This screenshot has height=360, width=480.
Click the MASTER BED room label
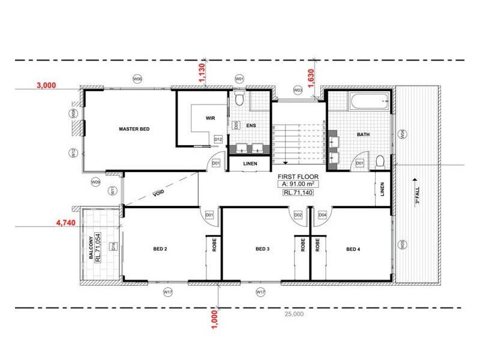[x=134, y=129]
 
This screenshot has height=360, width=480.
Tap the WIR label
[x=209, y=118]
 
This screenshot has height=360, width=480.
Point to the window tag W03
[x=298, y=90]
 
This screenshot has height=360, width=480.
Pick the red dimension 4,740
[x=65, y=222]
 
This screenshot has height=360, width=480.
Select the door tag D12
[x=218, y=139]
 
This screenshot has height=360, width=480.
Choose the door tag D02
[x=298, y=214]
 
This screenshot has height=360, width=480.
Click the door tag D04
[x=322, y=214]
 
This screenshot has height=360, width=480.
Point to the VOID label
[x=158, y=194]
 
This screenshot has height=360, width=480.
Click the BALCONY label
[x=91, y=246]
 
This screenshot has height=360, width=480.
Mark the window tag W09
[x=95, y=181]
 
